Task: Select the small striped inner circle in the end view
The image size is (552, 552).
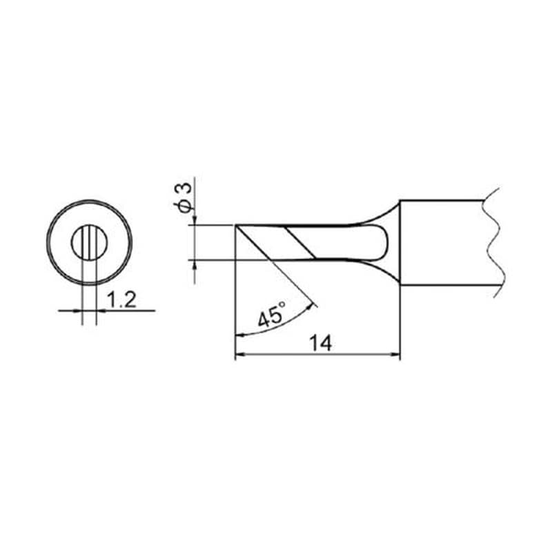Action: click(89, 243)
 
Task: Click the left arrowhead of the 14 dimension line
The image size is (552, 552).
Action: click(240, 356)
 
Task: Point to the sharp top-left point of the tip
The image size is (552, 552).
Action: click(235, 226)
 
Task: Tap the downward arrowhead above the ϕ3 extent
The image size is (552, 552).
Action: click(196, 221)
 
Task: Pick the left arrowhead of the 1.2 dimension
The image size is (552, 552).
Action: click(77, 310)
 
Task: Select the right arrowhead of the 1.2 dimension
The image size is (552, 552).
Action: click(101, 310)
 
